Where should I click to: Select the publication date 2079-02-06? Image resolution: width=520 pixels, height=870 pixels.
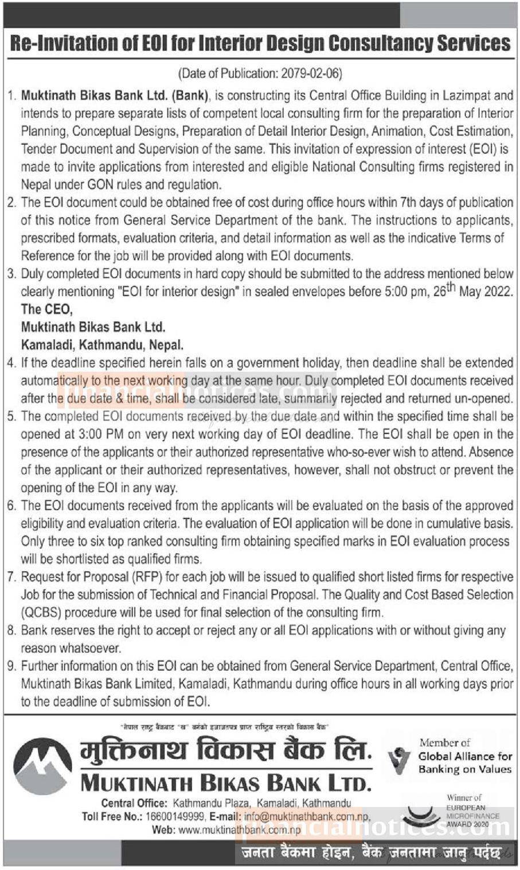click(x=310, y=73)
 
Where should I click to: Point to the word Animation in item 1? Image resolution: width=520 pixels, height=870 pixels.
click(x=398, y=131)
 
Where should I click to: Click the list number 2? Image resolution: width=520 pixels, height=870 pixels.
click(x=11, y=203)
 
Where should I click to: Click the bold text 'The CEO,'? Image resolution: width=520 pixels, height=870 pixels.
click(x=46, y=309)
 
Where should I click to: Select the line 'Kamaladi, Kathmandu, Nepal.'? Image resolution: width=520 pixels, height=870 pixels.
click(x=102, y=345)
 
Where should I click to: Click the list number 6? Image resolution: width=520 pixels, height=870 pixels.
click(x=11, y=506)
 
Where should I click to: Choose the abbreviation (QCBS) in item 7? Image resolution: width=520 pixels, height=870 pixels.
click(x=41, y=612)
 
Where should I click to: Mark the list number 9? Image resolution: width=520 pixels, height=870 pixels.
click(x=11, y=666)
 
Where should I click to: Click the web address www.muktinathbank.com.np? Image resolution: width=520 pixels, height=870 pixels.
click(x=240, y=829)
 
